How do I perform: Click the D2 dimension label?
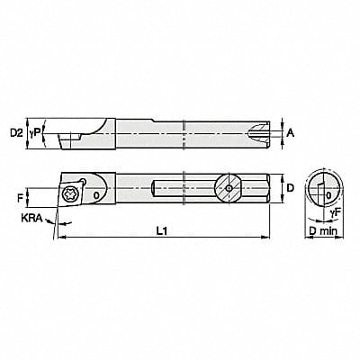pyautogui.click(x=15, y=132)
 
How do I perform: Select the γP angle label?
pyautogui.click(x=36, y=132)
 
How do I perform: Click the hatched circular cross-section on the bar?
pyautogui.click(x=229, y=189)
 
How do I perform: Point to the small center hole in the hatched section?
pyautogui.click(x=229, y=189)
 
